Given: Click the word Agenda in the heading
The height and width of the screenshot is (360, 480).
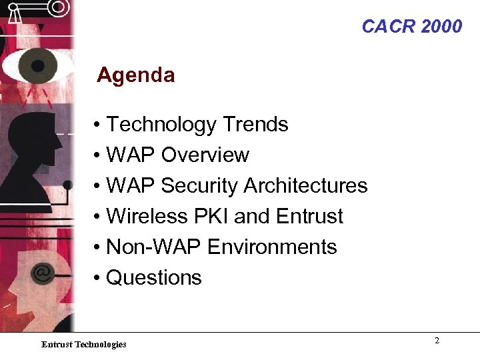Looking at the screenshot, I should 135,75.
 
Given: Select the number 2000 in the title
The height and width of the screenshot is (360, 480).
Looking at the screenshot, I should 441,27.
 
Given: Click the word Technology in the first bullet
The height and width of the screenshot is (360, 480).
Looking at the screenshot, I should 161,125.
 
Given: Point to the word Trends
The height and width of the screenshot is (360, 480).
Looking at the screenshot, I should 255,125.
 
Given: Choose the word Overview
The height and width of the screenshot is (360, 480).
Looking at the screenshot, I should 205,155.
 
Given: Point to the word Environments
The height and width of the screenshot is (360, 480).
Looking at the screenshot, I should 272,247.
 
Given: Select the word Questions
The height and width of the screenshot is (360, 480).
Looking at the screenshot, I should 153,277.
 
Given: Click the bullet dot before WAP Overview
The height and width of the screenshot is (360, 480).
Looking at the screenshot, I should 97,156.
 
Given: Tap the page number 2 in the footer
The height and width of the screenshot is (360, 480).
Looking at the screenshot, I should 437,341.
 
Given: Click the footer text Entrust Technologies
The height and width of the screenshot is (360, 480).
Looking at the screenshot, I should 83,344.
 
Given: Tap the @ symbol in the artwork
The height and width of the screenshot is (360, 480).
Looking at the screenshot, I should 42,272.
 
